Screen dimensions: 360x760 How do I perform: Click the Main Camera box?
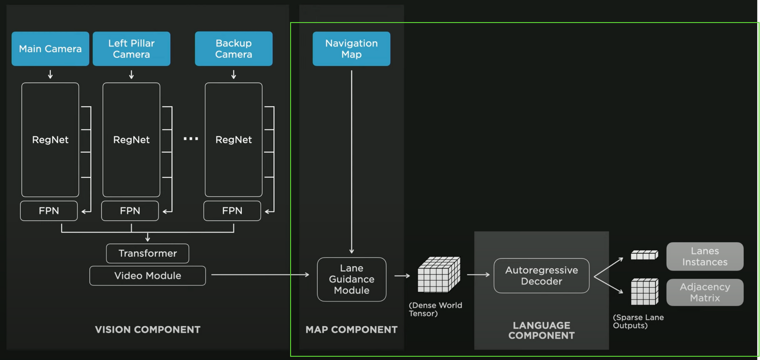click(x=50, y=48)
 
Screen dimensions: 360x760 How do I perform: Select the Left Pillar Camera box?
click(x=132, y=48)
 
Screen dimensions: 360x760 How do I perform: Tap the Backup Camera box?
click(x=234, y=48)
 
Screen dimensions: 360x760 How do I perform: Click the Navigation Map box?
click(x=351, y=48)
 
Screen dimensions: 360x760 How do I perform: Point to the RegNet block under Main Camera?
click(x=50, y=140)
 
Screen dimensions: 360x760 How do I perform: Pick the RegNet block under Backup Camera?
click(x=234, y=140)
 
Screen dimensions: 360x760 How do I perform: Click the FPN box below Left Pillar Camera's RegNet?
click(x=130, y=211)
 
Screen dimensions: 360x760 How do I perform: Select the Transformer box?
click(x=148, y=254)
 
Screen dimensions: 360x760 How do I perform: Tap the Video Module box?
click(x=148, y=276)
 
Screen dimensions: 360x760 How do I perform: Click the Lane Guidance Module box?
click(x=351, y=279)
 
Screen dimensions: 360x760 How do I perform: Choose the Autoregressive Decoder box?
click(x=541, y=276)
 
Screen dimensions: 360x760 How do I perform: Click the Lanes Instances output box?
click(x=705, y=256)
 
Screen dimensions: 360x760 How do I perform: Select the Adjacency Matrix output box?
click(x=705, y=293)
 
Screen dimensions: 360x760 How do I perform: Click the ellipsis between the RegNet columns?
click(x=191, y=139)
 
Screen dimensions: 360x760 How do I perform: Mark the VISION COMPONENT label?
click(x=148, y=330)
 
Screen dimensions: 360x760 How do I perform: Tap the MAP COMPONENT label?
click(x=351, y=330)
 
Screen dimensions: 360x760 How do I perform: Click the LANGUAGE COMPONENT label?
click(x=541, y=331)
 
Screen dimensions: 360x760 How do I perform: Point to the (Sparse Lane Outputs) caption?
click(x=638, y=322)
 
